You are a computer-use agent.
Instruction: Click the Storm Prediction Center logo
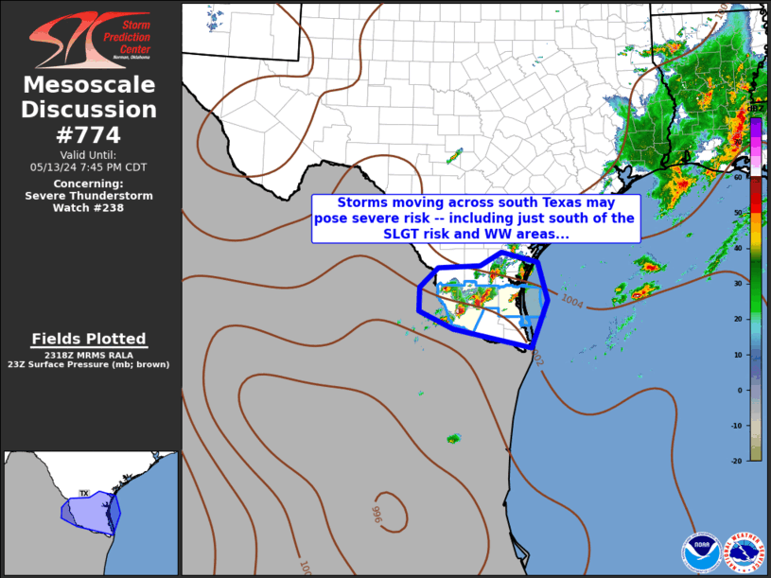[x=90, y=41]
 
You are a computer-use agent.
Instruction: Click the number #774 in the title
[x=90, y=134]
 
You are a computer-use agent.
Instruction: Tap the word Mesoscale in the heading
[x=90, y=85]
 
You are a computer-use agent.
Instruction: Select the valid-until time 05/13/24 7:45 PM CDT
[x=90, y=166]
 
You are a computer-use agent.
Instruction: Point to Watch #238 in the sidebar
[x=90, y=208]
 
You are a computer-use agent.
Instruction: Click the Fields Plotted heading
[x=90, y=339]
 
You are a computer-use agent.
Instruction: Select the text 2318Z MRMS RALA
[x=90, y=355]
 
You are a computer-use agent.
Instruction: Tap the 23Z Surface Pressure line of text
[x=90, y=364]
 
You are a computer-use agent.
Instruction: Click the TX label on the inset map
[x=83, y=493]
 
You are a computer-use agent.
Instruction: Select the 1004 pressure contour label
[x=572, y=301]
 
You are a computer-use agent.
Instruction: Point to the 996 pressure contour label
[x=376, y=516]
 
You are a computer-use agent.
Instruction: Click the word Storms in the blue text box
[x=360, y=202]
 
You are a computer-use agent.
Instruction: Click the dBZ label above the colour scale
[x=756, y=110]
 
